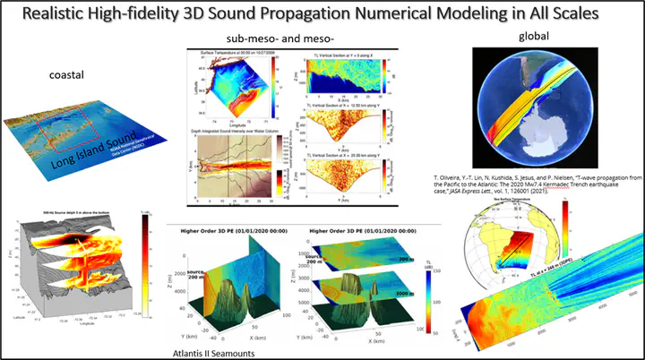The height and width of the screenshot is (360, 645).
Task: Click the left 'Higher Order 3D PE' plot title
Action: click(x=231, y=231)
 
